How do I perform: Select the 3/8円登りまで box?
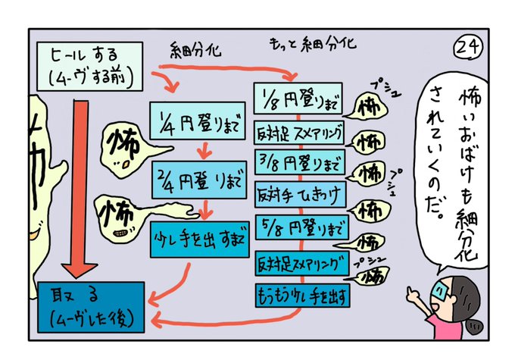pos(299,161)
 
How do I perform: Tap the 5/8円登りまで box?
pos(299,226)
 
